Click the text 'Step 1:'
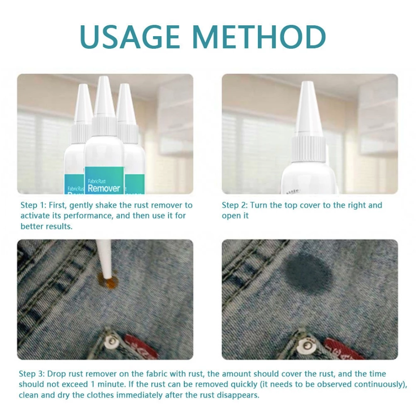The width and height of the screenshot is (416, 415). point(32,205)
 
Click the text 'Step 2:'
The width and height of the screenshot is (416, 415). point(234,205)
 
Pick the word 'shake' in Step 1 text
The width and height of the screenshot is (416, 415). point(108,205)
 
